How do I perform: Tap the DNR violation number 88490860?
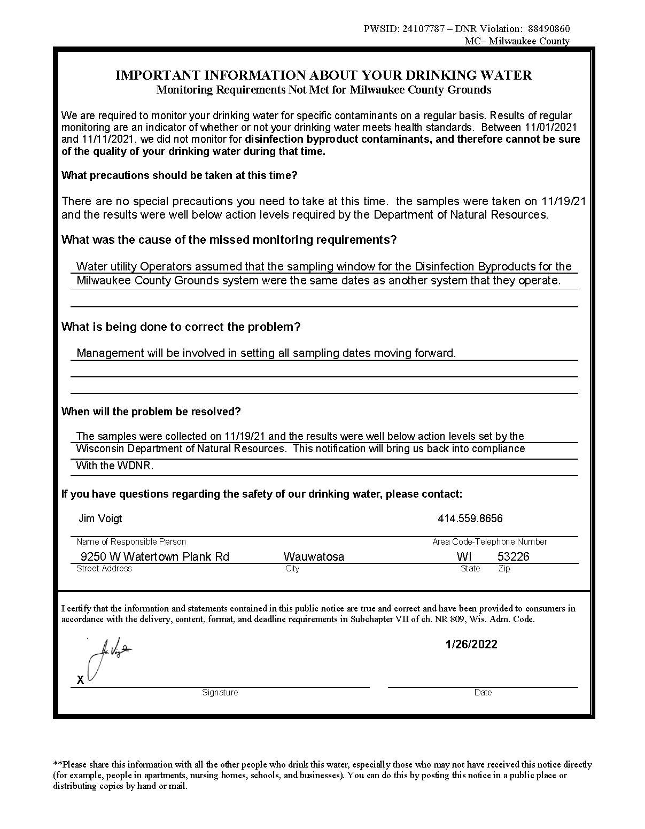pos(548,29)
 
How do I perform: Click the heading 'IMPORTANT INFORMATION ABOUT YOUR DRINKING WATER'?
pos(323,75)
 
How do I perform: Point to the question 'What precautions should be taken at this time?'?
pos(179,175)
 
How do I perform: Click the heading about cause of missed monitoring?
pos(229,239)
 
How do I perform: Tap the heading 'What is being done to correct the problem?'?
pos(181,327)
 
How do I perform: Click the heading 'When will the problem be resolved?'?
pos(151,412)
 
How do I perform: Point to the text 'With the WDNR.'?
pos(114,466)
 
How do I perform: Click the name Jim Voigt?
pos(100,518)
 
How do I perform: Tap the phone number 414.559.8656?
pos(470,518)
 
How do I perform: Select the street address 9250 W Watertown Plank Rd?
pos(154,556)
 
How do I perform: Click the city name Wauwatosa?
pos(314,556)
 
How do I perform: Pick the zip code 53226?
pos(513,556)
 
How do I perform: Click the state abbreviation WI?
pos(464,556)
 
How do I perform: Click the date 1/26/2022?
pos(471,644)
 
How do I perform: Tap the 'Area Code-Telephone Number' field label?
pos(489,541)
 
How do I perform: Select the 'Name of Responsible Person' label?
pos(131,541)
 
